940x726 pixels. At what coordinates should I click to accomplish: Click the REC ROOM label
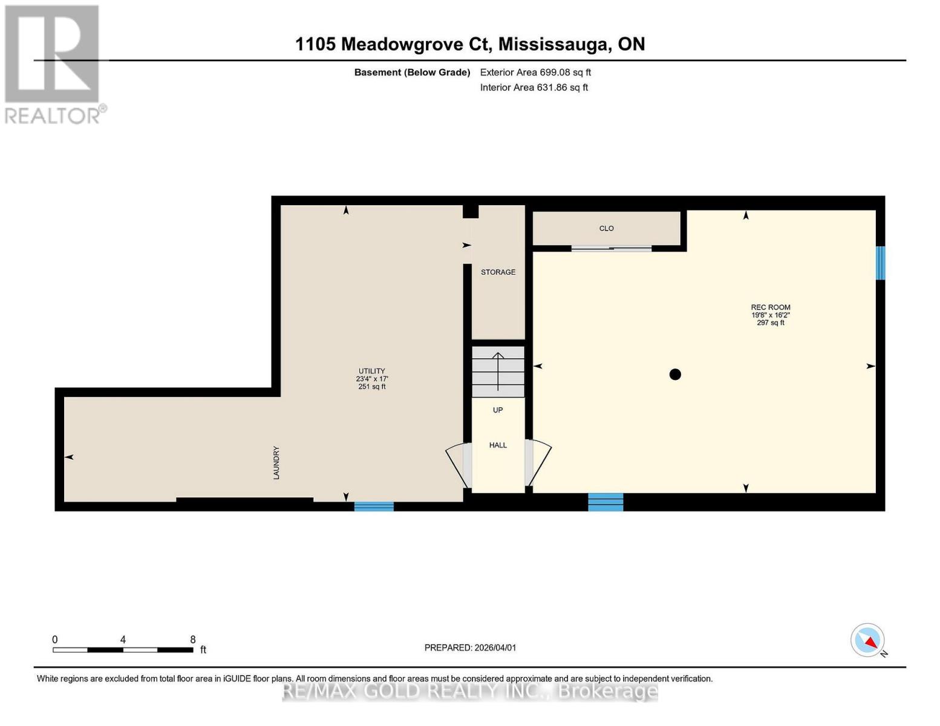tap(771, 307)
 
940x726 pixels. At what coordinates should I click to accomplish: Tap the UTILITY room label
tap(371, 371)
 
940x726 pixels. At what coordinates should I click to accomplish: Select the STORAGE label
tap(498, 272)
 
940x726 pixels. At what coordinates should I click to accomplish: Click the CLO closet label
tap(606, 228)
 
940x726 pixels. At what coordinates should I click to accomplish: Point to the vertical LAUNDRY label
tap(276, 463)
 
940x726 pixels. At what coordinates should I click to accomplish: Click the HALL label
tap(498, 445)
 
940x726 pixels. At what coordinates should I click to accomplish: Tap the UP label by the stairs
tap(498, 410)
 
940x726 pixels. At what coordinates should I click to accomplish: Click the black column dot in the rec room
tap(675, 374)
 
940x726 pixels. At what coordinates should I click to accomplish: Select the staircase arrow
tap(498, 371)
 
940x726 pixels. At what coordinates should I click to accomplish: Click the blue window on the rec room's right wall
tap(881, 263)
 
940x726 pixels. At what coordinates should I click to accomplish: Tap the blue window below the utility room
tap(374, 506)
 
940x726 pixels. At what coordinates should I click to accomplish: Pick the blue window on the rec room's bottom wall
tap(605, 502)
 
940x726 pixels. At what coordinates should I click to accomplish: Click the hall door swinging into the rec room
tap(539, 463)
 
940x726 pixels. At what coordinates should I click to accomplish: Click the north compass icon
tap(868, 640)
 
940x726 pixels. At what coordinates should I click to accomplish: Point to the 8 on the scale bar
tap(193, 639)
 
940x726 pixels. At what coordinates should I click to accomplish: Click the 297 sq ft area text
tap(771, 323)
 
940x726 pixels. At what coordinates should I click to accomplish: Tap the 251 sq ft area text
tap(371, 387)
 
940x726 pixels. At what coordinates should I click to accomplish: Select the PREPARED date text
tap(470, 647)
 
